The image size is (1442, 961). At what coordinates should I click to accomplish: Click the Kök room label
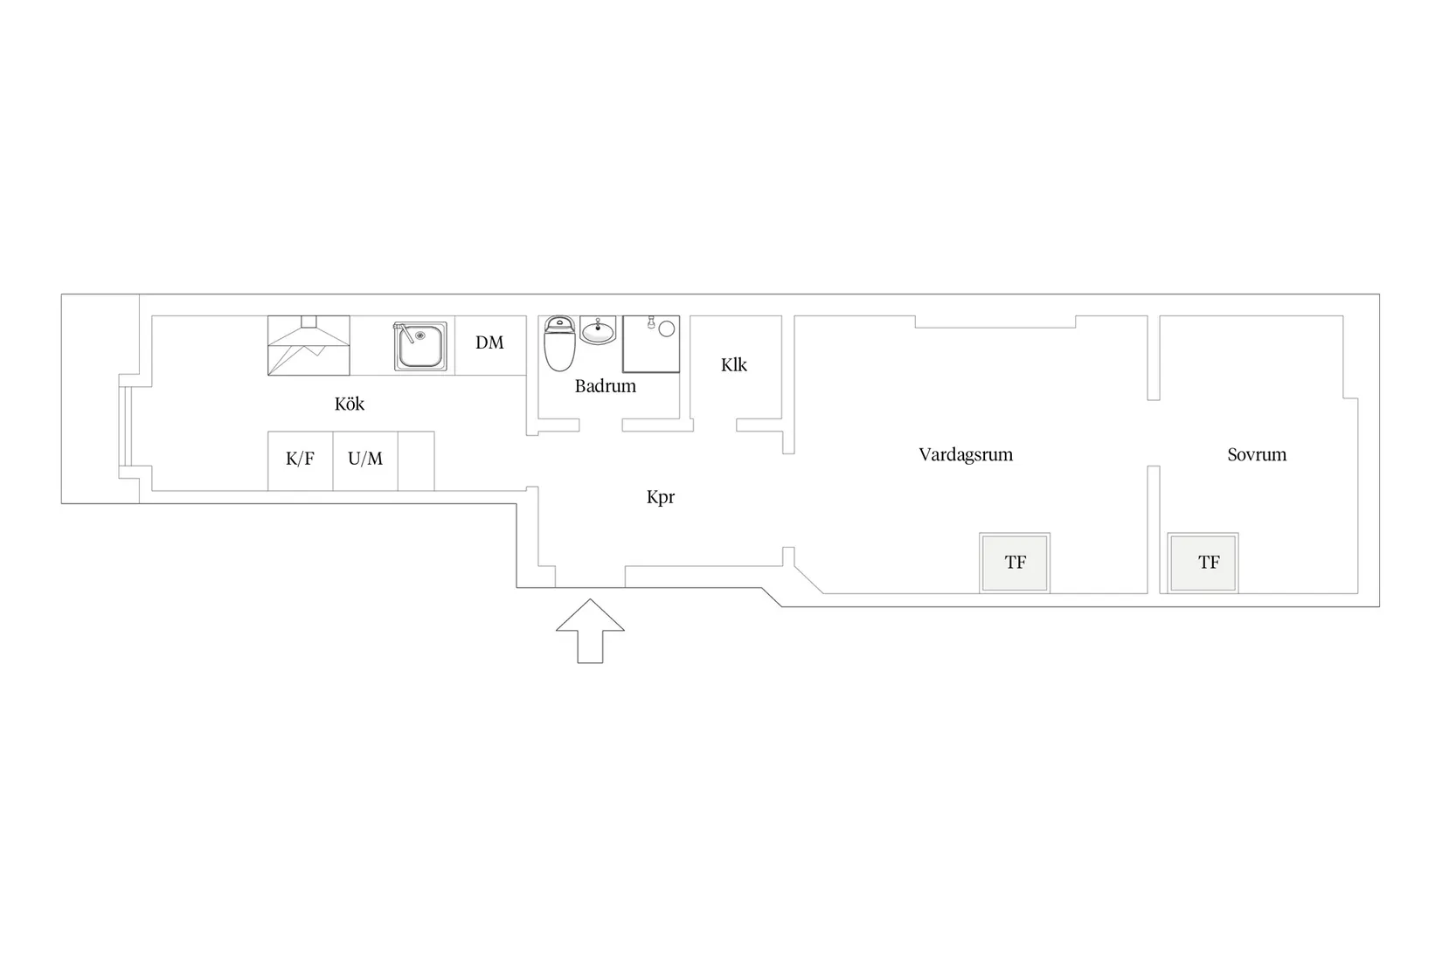click(x=349, y=404)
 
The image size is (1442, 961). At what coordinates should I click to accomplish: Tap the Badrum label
click(x=605, y=386)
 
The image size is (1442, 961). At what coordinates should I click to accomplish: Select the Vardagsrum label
click(x=966, y=454)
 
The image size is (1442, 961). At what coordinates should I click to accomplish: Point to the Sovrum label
click(x=1257, y=454)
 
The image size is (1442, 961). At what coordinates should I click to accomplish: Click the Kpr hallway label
click(x=661, y=498)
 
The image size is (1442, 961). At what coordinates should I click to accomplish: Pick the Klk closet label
click(x=734, y=365)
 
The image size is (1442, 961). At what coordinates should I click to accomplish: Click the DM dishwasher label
click(x=489, y=342)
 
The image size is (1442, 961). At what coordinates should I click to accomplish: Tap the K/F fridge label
click(x=300, y=459)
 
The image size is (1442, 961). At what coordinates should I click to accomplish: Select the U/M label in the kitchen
click(x=365, y=459)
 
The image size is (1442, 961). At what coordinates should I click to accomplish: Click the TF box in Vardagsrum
click(x=1015, y=563)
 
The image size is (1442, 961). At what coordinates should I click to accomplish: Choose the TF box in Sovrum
click(x=1203, y=563)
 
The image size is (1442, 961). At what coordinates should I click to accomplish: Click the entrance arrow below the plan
click(x=590, y=631)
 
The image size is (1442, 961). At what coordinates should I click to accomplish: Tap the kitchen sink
click(x=420, y=346)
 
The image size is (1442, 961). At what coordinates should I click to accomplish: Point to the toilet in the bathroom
click(x=559, y=343)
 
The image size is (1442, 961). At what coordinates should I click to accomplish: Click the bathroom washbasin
click(x=598, y=331)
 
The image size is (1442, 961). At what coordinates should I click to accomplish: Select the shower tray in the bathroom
click(x=651, y=344)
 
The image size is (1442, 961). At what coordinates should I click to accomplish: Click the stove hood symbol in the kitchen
click(x=309, y=345)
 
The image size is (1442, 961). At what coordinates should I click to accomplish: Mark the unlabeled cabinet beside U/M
click(x=416, y=461)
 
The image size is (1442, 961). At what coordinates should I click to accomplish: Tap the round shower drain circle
click(x=667, y=328)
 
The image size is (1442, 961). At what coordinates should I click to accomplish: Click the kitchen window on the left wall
click(x=125, y=426)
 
